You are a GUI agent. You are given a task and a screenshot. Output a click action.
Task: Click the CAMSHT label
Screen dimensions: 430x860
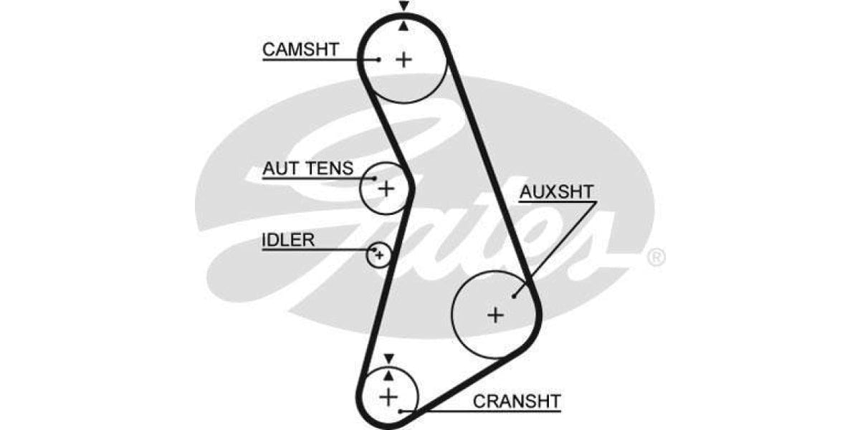[x=300, y=49]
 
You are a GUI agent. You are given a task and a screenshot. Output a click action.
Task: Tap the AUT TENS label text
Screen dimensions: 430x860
[x=307, y=168]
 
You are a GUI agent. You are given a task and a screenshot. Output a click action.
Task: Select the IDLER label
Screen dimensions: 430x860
[x=287, y=239]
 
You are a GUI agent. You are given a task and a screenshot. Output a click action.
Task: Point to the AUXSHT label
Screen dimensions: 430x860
[x=557, y=191]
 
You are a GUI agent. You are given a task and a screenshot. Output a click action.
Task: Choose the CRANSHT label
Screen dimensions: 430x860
[x=517, y=401]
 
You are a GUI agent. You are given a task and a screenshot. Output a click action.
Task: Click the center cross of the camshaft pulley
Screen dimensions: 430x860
[x=404, y=59]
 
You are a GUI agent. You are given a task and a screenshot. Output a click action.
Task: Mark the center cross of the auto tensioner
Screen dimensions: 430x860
[x=386, y=188]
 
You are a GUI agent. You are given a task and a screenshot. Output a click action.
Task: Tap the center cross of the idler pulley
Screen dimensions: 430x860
[x=379, y=254]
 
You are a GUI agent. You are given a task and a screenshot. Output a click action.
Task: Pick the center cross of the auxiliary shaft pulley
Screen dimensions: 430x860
[x=495, y=314]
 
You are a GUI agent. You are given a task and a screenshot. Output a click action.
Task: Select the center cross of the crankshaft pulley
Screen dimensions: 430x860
[x=388, y=396]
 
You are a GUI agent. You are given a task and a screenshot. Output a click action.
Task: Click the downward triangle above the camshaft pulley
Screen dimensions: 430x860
[x=404, y=6]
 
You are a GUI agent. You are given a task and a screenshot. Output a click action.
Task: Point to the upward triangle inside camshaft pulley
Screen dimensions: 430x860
[x=404, y=26]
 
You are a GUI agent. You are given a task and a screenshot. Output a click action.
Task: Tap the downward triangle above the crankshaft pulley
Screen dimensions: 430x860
[x=388, y=358]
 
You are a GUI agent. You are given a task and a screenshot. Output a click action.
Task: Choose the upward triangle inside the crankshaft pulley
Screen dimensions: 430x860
[x=388, y=374]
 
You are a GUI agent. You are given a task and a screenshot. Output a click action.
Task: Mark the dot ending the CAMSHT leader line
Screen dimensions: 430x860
[x=378, y=59]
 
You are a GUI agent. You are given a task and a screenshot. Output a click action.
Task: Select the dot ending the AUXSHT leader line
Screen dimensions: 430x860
[x=515, y=295]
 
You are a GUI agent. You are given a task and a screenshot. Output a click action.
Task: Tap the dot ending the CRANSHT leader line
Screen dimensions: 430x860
[x=402, y=411]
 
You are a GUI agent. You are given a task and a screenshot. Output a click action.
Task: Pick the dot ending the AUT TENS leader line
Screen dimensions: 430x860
[x=374, y=178]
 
